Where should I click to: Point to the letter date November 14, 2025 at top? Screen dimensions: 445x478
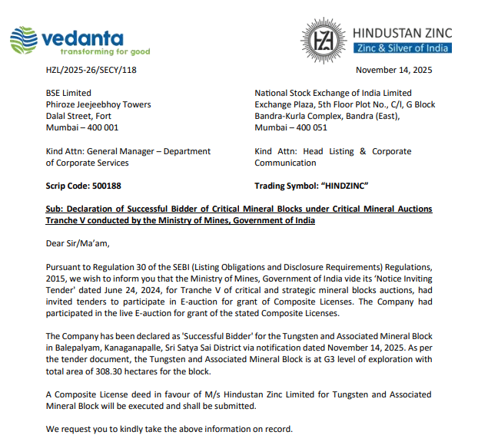(394, 71)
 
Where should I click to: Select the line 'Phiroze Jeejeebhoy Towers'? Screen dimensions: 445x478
(98, 104)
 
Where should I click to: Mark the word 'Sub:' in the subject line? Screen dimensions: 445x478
(55, 209)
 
